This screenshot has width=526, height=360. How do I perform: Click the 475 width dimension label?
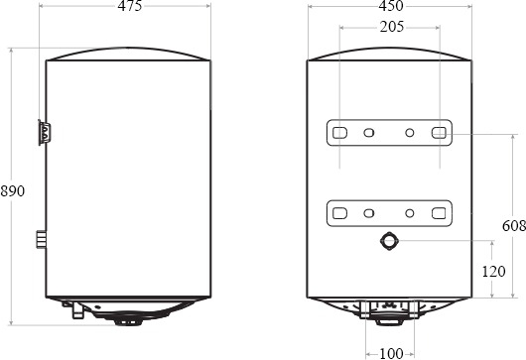click(x=130, y=6)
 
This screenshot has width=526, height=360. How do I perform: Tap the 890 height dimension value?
click(x=13, y=191)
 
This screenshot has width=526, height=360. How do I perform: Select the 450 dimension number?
click(x=391, y=6)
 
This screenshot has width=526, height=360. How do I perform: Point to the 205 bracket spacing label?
click(x=392, y=27)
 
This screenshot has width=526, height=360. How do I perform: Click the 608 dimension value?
click(x=514, y=226)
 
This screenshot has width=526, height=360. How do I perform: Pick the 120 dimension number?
click(x=493, y=271)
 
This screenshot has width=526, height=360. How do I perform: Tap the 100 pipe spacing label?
click(x=391, y=353)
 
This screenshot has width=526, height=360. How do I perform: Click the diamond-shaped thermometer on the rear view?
click(x=389, y=241)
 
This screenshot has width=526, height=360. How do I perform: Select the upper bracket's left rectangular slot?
click(x=339, y=133)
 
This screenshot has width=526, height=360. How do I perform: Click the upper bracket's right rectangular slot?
click(x=439, y=133)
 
